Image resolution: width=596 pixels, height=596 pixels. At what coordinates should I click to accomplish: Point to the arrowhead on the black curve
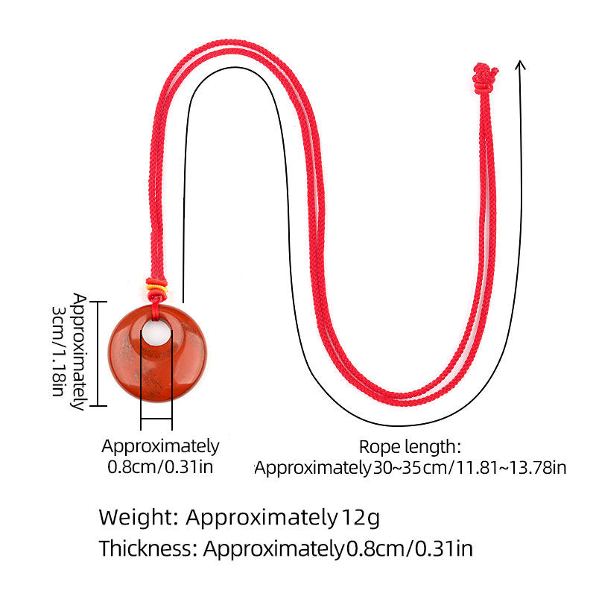[x=521, y=66]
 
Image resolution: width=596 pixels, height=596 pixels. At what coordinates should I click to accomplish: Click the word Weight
[x=137, y=516]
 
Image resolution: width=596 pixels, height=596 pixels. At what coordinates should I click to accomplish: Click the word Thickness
[x=148, y=549]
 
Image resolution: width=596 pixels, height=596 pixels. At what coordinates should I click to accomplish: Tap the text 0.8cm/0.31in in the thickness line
[x=409, y=549]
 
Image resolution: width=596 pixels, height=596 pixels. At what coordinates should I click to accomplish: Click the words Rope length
[x=410, y=447]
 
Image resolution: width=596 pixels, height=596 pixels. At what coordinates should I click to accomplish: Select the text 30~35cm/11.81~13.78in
[x=469, y=468]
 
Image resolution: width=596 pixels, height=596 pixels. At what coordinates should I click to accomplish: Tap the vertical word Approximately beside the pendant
[x=78, y=352]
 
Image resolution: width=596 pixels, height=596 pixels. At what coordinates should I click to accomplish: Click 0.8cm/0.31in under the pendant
[x=161, y=468]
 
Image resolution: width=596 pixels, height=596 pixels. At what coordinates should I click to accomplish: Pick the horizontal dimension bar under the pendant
[x=156, y=419]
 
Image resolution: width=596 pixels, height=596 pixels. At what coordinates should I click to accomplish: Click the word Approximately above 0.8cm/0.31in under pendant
[x=161, y=447]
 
